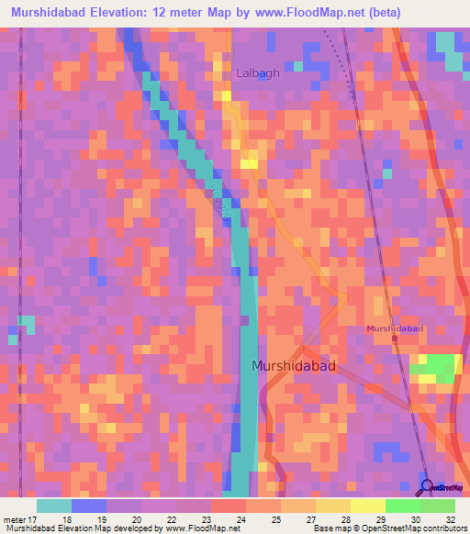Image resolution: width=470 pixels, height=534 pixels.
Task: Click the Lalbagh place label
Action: [x=258, y=73]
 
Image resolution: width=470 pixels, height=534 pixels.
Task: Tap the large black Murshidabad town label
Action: [x=294, y=366]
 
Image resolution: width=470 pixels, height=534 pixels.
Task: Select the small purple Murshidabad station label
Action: [x=395, y=328]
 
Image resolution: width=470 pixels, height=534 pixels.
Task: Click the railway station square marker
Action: [x=395, y=339]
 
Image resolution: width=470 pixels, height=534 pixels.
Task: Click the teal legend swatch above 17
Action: [x=53, y=506]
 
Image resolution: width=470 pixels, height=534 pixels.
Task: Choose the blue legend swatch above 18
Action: [x=88, y=506]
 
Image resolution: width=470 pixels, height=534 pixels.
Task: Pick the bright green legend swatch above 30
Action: [x=402, y=506]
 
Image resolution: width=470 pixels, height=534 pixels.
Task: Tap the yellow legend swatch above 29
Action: [x=367, y=506]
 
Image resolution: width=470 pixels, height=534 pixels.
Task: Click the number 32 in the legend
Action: [x=450, y=520]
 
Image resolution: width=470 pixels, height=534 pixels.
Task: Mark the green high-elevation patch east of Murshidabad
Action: [x=437, y=366]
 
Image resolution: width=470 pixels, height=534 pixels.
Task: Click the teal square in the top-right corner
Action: [x=446, y=42]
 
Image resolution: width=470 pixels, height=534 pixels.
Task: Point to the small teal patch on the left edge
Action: [x=27, y=324]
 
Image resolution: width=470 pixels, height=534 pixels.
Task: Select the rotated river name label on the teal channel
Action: [x=216, y=197]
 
